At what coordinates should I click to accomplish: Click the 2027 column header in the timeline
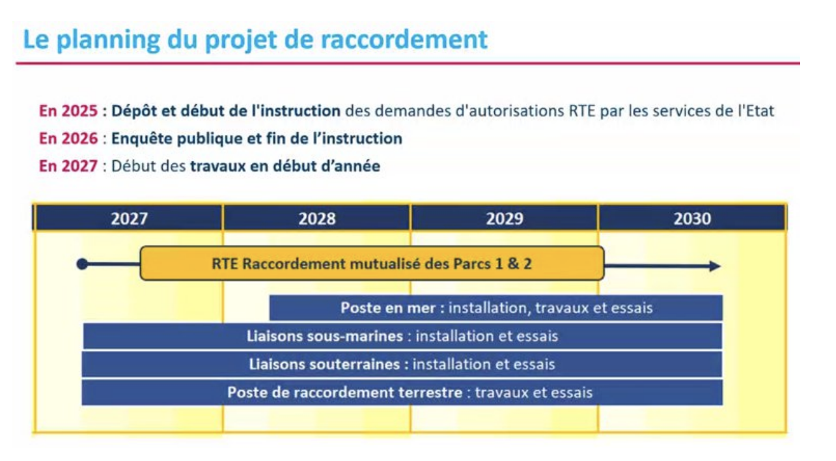pyautogui.click(x=129, y=218)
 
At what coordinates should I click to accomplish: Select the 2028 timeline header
pyautogui.click(x=317, y=218)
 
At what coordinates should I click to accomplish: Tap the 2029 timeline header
pyautogui.click(x=505, y=218)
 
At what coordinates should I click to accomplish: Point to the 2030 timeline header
pyautogui.click(x=692, y=218)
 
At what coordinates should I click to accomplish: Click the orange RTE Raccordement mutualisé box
pyautogui.click(x=372, y=264)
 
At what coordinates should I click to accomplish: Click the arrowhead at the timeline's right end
pyautogui.click(x=715, y=266)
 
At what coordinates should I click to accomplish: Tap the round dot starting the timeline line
pyautogui.click(x=82, y=264)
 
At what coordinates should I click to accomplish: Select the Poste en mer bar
pyautogui.click(x=496, y=308)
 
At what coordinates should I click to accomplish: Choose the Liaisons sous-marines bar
pyautogui.click(x=402, y=337)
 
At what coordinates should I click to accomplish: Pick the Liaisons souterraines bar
pyautogui.click(x=402, y=365)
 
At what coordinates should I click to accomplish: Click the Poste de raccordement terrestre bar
pyautogui.click(x=402, y=393)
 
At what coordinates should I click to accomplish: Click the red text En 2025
pyautogui.click(x=68, y=111)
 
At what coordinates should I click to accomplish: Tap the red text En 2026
pyautogui.click(x=68, y=139)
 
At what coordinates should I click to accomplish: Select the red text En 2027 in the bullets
pyautogui.click(x=68, y=166)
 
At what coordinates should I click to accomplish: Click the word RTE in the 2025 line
pyautogui.click(x=582, y=111)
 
